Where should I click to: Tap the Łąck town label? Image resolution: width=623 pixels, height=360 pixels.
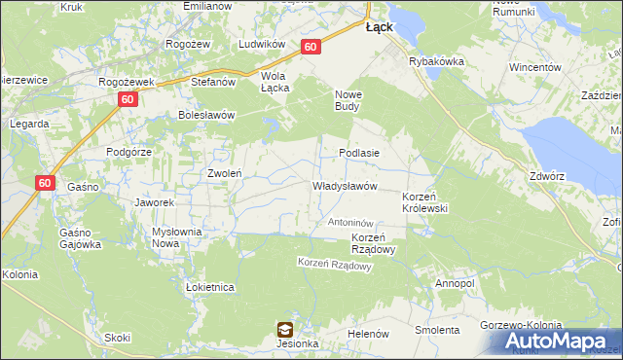pos(379,27)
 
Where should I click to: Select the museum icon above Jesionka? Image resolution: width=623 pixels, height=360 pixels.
pos(284,329)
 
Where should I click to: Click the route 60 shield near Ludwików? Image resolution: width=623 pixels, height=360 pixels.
pos(311,47)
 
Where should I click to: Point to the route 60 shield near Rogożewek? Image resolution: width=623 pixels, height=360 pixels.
pos(127,99)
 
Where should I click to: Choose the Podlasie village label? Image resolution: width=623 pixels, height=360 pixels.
pos(358,153)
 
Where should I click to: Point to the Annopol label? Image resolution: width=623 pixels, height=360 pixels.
pos(455,283)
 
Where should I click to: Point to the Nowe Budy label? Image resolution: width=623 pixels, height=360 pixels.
pos(349,100)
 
